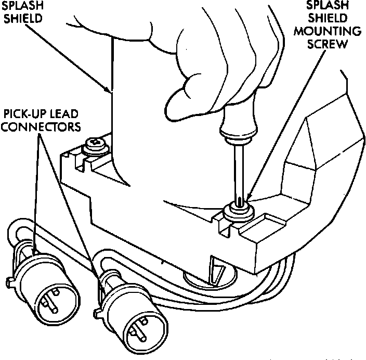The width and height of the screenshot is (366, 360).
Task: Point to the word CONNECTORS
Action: click(41, 126)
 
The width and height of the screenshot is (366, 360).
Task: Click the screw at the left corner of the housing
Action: click(96, 143)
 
